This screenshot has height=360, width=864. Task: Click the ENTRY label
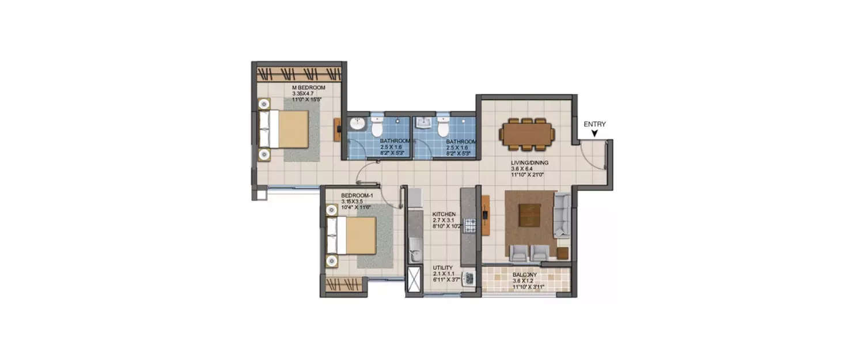(594, 124)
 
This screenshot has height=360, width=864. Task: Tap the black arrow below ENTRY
(594, 134)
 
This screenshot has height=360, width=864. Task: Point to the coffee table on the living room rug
(530, 216)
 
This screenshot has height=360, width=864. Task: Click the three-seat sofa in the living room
(562, 216)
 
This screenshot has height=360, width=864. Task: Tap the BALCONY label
(525, 275)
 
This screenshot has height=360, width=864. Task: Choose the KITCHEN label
(444, 214)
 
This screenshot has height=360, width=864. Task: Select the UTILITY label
(443, 268)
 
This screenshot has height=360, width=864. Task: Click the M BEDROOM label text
(309, 88)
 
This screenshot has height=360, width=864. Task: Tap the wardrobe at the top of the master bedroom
(298, 74)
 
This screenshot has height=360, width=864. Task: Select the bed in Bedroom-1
(353, 235)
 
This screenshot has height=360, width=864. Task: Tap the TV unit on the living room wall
(486, 215)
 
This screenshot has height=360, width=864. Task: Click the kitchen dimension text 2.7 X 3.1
(444, 221)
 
